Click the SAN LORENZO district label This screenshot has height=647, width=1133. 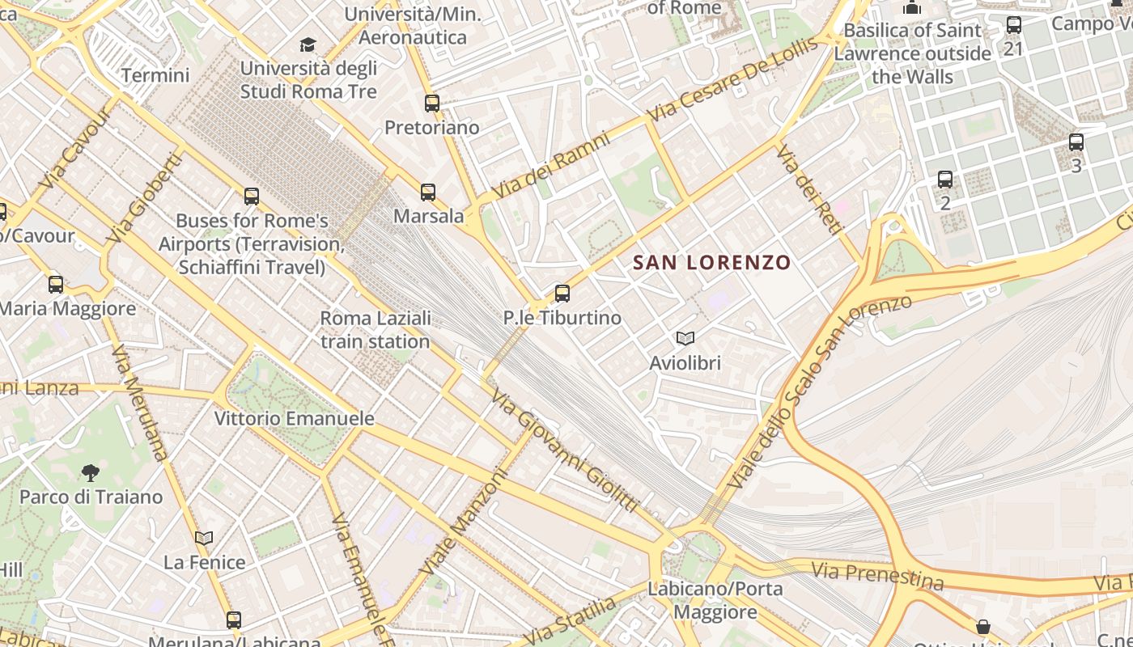(x=711, y=262)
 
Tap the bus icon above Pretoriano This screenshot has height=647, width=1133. (x=432, y=104)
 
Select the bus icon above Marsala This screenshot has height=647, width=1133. (x=428, y=192)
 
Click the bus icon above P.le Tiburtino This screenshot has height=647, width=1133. (x=562, y=294)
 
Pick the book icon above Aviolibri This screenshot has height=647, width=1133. (x=685, y=339)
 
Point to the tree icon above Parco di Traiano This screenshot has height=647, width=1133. (x=91, y=472)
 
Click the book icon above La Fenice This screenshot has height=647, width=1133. (x=204, y=538)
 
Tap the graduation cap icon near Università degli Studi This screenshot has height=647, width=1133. (x=308, y=44)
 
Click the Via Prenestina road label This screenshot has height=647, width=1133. (x=877, y=577)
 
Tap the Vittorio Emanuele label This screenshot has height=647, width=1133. (x=295, y=419)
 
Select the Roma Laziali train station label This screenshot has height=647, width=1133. (x=376, y=330)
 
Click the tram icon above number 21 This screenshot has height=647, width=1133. (x=1014, y=25)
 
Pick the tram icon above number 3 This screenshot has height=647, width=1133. (x=1076, y=142)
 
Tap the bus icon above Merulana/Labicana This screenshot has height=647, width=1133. (x=234, y=620)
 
